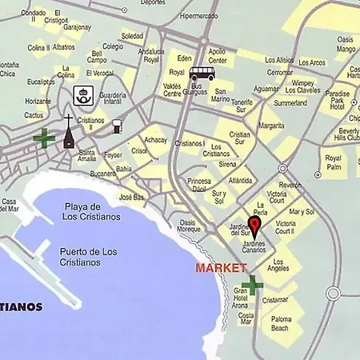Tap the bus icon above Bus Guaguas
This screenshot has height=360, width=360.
202,74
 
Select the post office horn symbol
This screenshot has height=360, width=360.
82,94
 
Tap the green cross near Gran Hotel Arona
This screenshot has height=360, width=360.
253,285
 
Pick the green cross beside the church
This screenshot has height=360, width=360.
44,138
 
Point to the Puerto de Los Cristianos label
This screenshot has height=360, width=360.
88,257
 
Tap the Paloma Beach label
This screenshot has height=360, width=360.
281,323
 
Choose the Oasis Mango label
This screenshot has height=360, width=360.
346,44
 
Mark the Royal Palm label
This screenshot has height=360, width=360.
333,162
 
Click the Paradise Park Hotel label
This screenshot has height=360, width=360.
337,95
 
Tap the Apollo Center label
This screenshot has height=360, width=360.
217,55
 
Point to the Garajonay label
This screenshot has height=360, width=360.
77,26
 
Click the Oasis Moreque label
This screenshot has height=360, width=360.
190,226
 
